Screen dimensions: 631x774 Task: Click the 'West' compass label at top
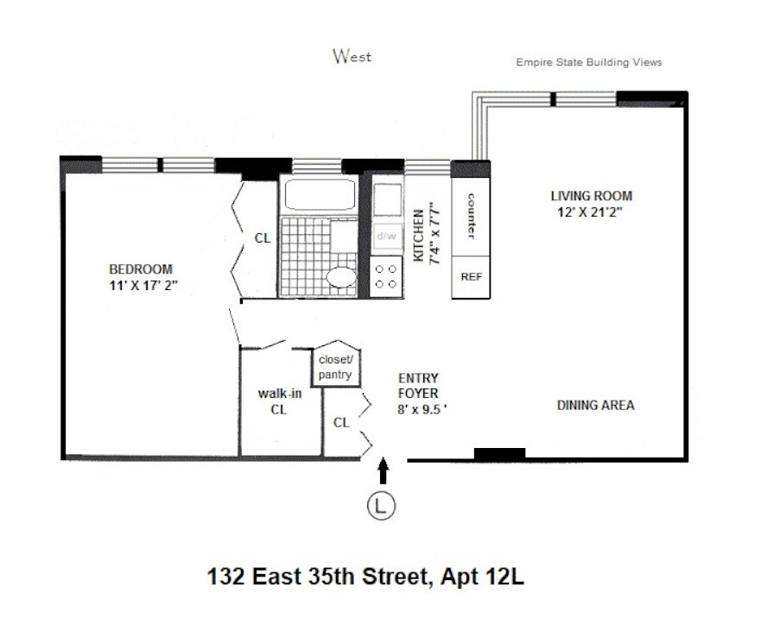coord(352,57)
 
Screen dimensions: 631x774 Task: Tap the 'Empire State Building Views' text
coord(588,62)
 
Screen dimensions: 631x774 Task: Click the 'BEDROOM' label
coord(140,269)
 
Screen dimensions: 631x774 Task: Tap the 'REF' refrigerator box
coord(471,277)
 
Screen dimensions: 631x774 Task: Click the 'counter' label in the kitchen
coord(472,216)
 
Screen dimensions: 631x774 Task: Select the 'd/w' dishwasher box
coord(386,235)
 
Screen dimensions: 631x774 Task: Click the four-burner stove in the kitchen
coord(386,276)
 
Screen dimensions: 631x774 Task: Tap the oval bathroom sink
coord(340,279)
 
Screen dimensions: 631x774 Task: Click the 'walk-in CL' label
coord(279,401)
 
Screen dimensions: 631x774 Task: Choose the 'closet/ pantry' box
coord(336,367)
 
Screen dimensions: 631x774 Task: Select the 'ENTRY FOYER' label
coord(419,386)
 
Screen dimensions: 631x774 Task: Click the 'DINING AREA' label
coord(595,405)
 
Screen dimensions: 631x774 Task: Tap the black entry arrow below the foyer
coord(383,470)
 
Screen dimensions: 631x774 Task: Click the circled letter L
coord(381,506)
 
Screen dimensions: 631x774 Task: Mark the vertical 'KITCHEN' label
coord(418,235)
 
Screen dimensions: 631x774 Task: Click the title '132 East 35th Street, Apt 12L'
coord(365,576)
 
